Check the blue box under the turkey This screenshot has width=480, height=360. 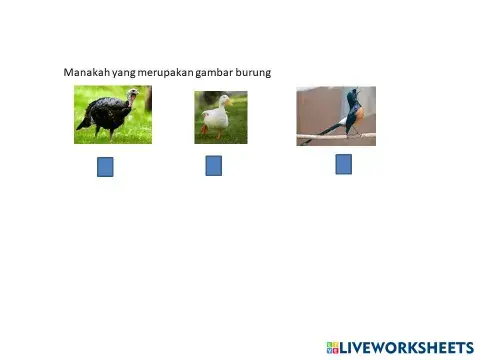[x=105, y=167]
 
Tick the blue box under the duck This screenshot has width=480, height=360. [x=213, y=166]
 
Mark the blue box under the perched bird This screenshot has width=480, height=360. [x=343, y=164]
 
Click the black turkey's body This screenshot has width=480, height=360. [x=104, y=115]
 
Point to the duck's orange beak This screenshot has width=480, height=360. [x=228, y=101]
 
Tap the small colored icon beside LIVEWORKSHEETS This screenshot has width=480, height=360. [x=332, y=347]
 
